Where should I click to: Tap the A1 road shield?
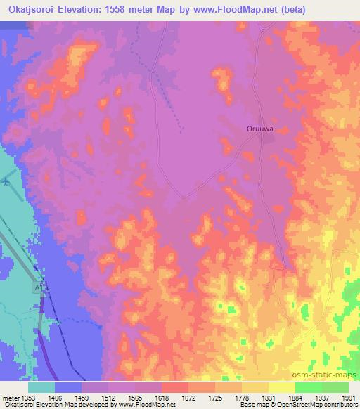coord(37,288)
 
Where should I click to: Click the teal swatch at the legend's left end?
coord(41,387)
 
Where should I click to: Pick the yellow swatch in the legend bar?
coord(281,387)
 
